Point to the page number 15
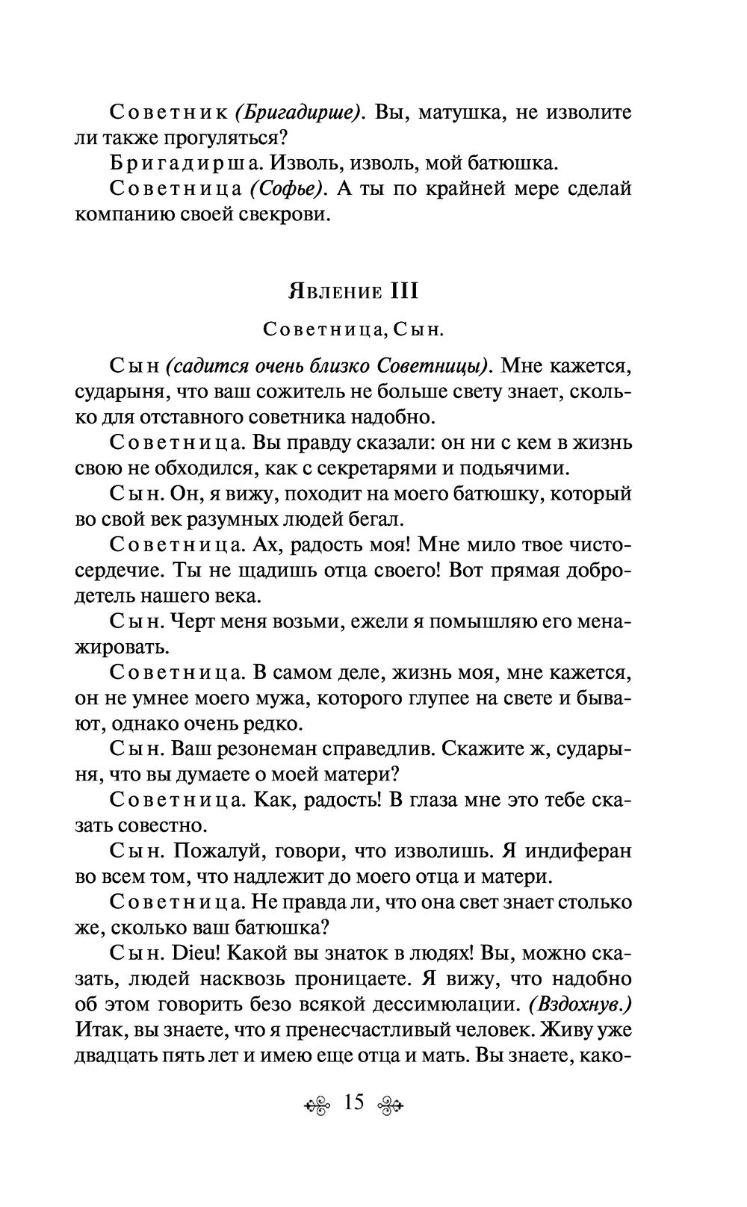(x=354, y=1102)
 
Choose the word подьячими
(x=527, y=468)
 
